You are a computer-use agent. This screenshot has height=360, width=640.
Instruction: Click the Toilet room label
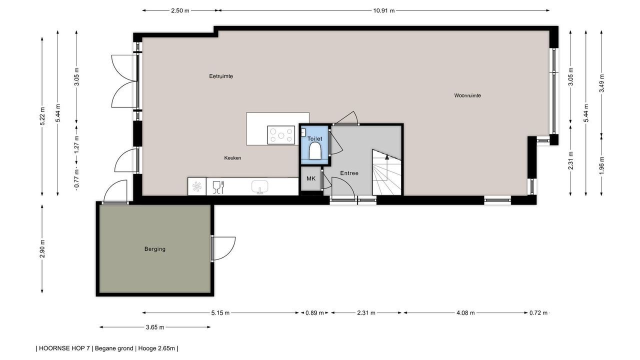(314, 139)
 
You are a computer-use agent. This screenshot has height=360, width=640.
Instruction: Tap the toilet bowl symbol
(314, 151)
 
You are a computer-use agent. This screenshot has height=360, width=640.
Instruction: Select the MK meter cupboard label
(311, 178)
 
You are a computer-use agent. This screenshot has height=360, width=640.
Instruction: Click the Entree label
(349, 173)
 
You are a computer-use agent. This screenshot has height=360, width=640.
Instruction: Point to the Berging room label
(155, 249)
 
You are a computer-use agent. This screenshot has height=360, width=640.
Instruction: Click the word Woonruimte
(467, 95)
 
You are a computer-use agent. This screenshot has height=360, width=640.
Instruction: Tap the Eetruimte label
(221, 76)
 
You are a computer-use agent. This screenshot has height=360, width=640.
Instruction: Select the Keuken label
(232, 157)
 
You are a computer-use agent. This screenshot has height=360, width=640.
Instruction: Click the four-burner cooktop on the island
(281, 135)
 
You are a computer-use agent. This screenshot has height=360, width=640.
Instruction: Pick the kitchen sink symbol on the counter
(259, 187)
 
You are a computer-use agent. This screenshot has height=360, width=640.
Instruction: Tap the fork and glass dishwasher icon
(218, 187)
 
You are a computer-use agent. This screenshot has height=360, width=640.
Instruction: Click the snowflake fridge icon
(197, 187)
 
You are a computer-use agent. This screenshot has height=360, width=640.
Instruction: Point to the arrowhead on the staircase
(387, 156)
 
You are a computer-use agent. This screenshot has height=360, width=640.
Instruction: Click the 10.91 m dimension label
(383, 11)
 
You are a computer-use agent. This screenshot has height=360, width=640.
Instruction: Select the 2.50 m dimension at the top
(180, 11)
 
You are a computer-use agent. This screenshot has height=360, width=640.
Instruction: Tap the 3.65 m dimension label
(155, 327)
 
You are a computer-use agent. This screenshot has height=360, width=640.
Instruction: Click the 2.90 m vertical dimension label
(42, 249)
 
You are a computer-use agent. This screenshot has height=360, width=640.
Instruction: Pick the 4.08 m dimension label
(465, 313)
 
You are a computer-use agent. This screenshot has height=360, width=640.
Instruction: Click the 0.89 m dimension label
(314, 313)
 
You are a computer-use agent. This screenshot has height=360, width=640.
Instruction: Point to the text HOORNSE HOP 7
(64, 348)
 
